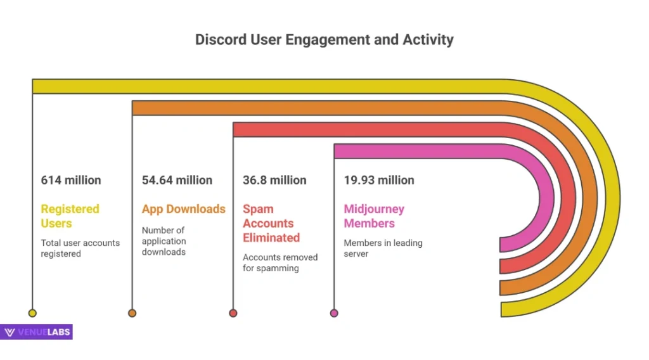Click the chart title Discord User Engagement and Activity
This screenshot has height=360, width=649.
(324, 39)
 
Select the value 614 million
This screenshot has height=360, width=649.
(71, 180)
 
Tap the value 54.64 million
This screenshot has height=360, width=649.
(177, 180)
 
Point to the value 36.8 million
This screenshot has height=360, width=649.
(274, 180)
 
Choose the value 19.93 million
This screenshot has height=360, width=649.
(379, 180)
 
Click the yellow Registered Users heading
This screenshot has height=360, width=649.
(70, 216)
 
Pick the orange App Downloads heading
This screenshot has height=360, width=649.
(184, 209)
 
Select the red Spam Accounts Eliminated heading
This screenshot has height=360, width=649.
(271, 223)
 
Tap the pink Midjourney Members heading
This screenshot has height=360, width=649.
(374, 216)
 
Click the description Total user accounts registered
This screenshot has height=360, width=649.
(80, 248)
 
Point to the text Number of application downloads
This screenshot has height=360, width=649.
(164, 241)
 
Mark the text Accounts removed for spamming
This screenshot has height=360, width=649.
(280, 262)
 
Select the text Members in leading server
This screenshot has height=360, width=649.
(383, 248)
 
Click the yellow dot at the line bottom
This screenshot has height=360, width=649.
(32, 312)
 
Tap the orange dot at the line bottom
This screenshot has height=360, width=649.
(132, 312)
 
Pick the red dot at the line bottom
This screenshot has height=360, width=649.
(233, 312)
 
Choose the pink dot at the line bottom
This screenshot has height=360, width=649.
(334, 312)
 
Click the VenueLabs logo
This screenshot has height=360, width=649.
(37, 332)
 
